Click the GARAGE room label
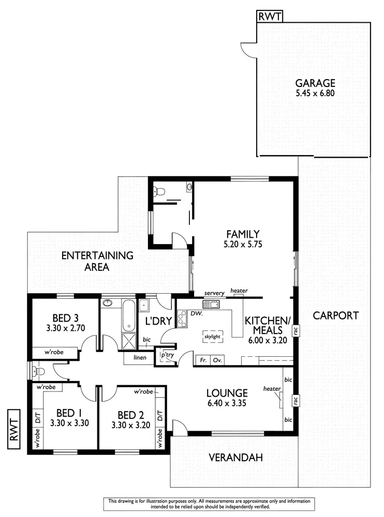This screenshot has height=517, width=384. click(x=315, y=83)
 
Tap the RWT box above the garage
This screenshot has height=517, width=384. click(x=270, y=17)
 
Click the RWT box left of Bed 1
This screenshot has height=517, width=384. click(x=14, y=426)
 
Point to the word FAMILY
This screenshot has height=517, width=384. click(x=242, y=234)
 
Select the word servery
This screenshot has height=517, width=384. click(x=214, y=293)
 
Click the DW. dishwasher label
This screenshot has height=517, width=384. click(x=196, y=313)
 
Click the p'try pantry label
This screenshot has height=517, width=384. click(x=167, y=356)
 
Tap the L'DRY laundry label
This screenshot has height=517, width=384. click(x=158, y=321)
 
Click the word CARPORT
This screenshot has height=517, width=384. click(x=335, y=315)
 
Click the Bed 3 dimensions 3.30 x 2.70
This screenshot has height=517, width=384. click(x=66, y=328)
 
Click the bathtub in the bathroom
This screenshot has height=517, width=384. click(x=128, y=315)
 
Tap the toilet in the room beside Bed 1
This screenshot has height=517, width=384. click(x=37, y=371)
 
